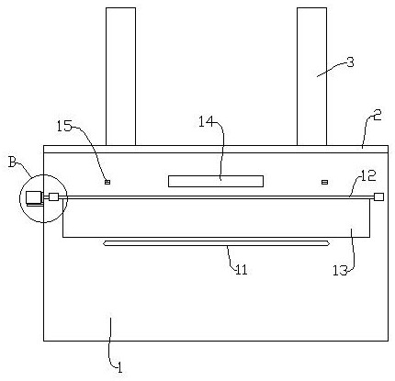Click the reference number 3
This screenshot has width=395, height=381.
(350, 62)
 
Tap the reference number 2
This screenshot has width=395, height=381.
(377, 115)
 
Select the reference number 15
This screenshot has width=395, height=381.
(64, 126)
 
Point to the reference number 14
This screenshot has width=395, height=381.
(207, 122)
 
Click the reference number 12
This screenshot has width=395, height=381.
(368, 176)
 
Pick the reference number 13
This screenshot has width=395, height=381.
(340, 271)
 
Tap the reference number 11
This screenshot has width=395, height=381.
(241, 270)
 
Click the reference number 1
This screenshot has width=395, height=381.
(120, 367)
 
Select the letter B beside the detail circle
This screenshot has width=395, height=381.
(12, 162)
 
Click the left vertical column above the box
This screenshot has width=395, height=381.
(120, 76)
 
